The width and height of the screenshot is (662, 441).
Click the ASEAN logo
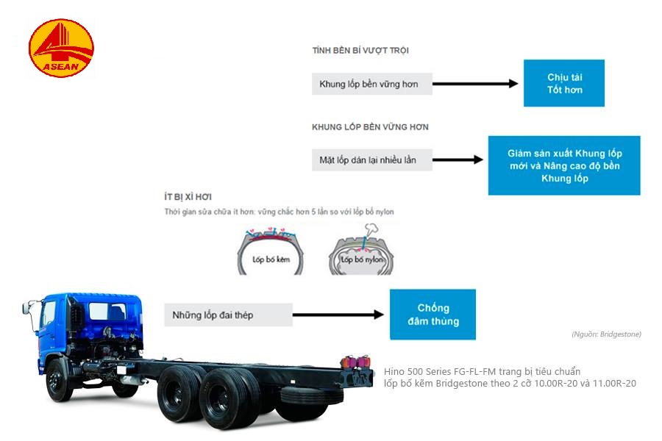[x=61, y=50]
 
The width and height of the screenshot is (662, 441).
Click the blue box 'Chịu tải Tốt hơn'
[x=564, y=83]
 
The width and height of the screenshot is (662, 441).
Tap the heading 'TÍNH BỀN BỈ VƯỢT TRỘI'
[x=360, y=51]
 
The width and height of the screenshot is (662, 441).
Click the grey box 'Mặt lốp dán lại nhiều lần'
[x=371, y=159]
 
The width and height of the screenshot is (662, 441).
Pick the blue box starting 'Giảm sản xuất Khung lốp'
[x=564, y=165]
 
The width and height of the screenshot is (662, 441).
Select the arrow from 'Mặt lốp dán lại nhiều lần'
[x=458, y=159]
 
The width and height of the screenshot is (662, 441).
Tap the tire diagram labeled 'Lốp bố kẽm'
[x=271, y=251]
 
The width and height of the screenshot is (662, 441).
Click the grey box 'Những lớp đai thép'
[x=228, y=315]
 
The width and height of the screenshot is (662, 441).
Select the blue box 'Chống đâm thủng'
[x=433, y=315]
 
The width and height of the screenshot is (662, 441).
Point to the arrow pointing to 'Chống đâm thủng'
[x=338, y=315]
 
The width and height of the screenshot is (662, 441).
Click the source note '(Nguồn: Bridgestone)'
[x=606, y=334]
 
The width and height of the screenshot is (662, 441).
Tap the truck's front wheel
[x=58, y=382]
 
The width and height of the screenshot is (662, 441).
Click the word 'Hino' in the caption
[x=394, y=372]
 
